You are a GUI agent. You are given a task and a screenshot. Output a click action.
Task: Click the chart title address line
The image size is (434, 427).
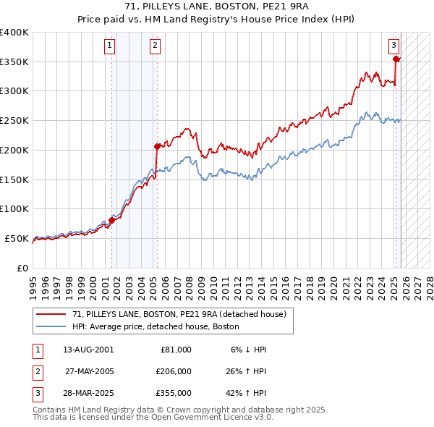(216, 7)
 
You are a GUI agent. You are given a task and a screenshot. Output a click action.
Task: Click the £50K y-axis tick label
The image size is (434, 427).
(17, 238)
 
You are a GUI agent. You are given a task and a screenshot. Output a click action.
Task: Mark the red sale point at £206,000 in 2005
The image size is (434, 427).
(157, 146)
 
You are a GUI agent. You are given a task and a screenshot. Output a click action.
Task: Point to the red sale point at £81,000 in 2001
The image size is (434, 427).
(112, 220)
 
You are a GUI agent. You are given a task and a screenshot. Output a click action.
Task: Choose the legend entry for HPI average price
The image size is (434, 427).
(160, 326)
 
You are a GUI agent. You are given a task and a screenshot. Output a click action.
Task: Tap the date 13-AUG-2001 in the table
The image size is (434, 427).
(88, 350)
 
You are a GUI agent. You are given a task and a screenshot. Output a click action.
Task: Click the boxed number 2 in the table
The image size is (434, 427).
(36, 371)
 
